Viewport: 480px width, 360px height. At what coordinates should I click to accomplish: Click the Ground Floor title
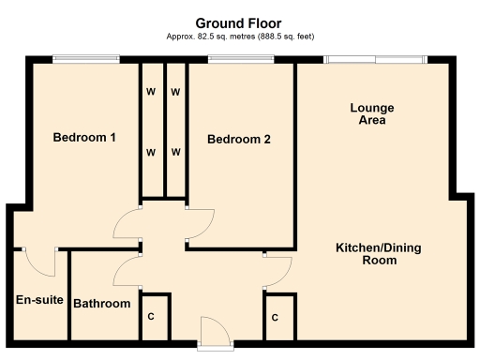click(238, 22)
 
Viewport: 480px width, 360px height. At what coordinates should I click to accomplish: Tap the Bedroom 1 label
click(84, 138)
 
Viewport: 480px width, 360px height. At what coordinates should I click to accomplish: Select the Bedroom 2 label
click(239, 140)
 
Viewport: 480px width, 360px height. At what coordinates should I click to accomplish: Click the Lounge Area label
click(372, 114)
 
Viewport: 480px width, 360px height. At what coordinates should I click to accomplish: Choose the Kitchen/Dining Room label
click(380, 254)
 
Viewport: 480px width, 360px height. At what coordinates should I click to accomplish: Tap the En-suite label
click(39, 301)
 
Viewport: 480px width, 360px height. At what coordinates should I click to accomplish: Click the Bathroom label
click(101, 304)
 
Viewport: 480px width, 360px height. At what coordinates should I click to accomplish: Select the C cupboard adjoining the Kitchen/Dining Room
click(276, 318)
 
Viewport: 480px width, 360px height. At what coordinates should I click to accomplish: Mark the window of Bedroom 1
click(85, 60)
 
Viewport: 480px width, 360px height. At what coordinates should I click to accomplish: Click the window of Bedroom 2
click(240, 60)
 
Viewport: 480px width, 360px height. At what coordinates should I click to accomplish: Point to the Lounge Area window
click(376, 60)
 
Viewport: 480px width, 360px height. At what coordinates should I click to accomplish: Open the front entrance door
click(213, 333)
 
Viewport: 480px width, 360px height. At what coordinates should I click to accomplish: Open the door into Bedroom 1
click(127, 222)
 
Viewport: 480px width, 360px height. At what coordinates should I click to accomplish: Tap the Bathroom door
click(127, 272)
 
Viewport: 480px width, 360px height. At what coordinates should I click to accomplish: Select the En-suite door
click(41, 261)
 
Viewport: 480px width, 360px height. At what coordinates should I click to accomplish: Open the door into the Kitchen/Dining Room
click(276, 272)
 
